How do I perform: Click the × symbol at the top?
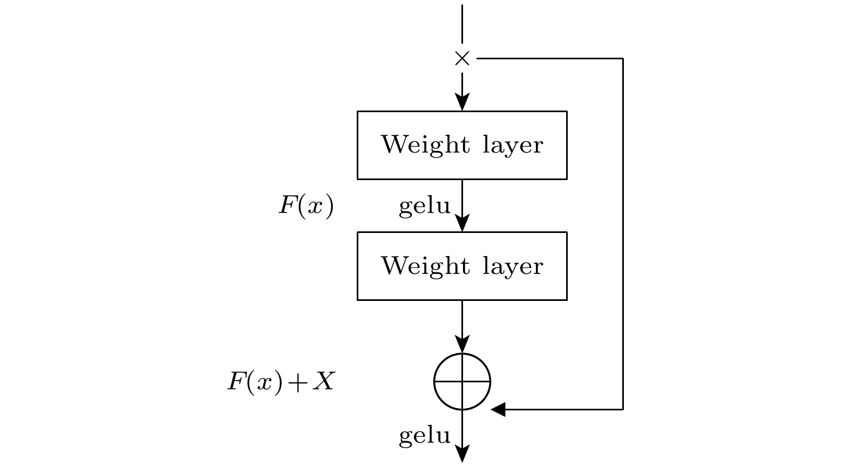pyautogui.click(x=463, y=58)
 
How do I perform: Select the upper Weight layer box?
pyautogui.click(x=462, y=145)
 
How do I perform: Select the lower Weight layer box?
pyautogui.click(x=462, y=266)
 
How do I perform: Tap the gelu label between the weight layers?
pyautogui.click(x=425, y=207)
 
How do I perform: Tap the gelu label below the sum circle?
pyautogui.click(x=425, y=436)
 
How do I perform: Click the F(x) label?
pyautogui.click(x=306, y=206)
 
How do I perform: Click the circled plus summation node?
pyautogui.click(x=463, y=382)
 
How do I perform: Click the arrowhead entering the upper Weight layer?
pyautogui.click(x=463, y=102)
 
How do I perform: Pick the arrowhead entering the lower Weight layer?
pyautogui.click(x=463, y=223)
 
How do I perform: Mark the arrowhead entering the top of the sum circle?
pyautogui.click(x=463, y=345)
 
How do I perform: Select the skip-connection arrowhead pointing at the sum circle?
pyautogui.click(x=499, y=409)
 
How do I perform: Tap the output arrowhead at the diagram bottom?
pyautogui.click(x=463, y=454)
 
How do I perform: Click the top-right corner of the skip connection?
pyautogui.click(x=623, y=58)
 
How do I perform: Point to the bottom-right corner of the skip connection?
pyautogui.click(x=623, y=409)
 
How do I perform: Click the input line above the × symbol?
pyautogui.click(x=463, y=24)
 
